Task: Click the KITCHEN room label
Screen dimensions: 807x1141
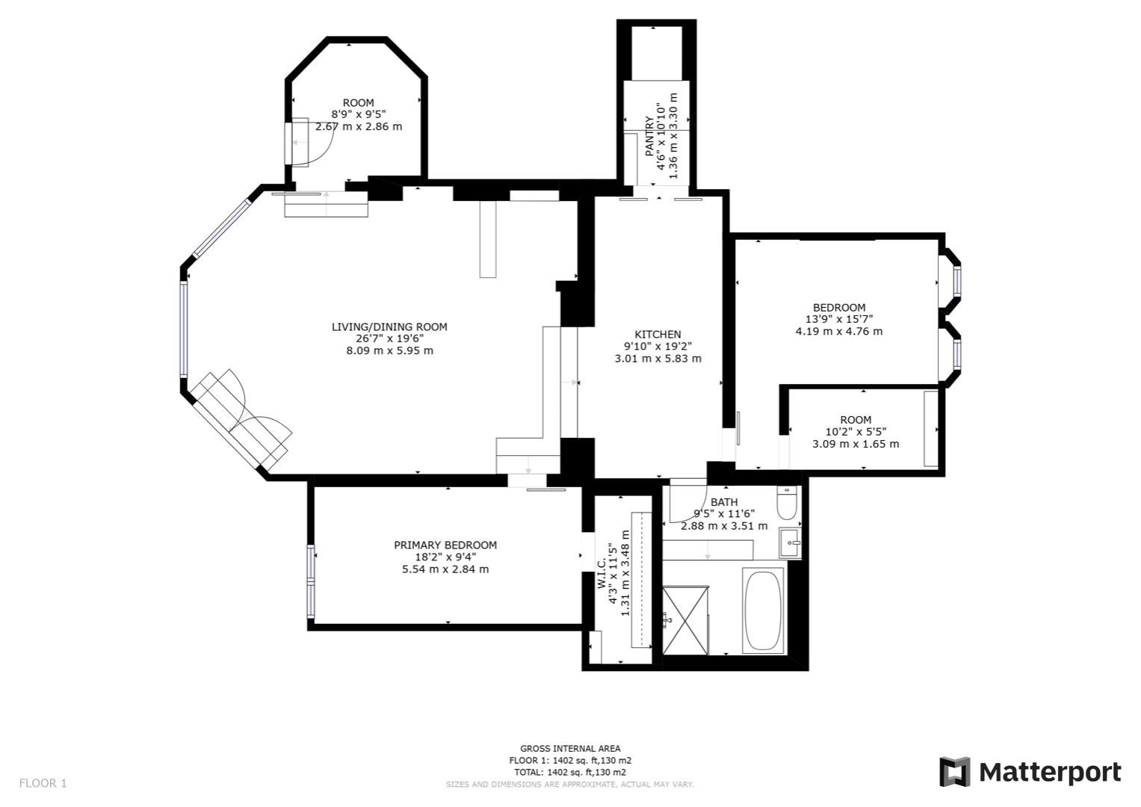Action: pos(658,334)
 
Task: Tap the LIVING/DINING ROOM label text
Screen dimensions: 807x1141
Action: pos(389,327)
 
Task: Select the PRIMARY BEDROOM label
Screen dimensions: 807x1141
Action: pos(445,545)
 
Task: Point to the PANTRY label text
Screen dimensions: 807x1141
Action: pos(649,136)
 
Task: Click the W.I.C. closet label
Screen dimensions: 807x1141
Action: pos(602,575)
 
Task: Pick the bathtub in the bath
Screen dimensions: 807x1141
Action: pos(763,610)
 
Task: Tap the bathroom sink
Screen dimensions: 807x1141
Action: pos(790,543)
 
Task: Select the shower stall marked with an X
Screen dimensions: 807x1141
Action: pos(685,618)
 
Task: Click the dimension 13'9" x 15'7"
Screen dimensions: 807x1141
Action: pos(839,319)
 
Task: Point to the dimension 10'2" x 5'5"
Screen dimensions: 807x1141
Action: pos(856,431)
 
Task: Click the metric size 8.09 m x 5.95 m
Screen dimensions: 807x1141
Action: pos(389,350)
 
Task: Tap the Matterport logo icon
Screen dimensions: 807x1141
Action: pos(954,772)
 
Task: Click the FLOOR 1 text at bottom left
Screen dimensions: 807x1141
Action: pos(43,783)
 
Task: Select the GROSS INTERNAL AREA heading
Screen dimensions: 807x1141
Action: pos(570,748)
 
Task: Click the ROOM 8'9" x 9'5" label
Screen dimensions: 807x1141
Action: pos(358,102)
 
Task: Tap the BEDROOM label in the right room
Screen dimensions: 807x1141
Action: pos(839,307)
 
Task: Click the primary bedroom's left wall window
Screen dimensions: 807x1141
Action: pos(311,582)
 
